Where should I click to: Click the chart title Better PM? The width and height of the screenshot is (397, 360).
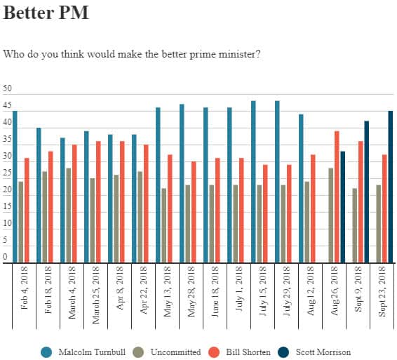coord(46,13)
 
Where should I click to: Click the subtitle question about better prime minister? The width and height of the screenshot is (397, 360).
coord(132,53)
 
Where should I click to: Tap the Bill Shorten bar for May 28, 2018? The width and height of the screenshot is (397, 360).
coord(194,211)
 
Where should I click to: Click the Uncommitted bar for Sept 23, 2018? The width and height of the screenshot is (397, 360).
coord(378,223)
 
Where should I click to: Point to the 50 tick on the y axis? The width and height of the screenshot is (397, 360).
coord(8,89)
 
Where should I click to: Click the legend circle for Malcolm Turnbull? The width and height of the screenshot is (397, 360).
coord(47,351)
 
